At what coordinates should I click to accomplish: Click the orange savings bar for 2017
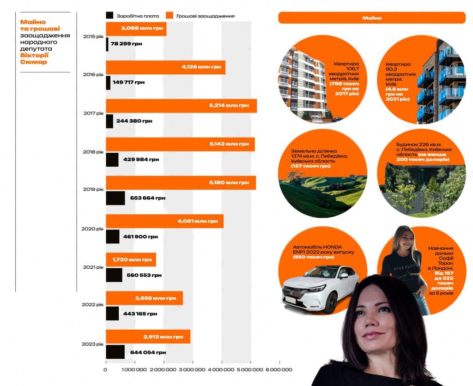pos(181,106)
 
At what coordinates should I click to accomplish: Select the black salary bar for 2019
pos(115,198)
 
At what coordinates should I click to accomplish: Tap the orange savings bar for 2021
pos(131,259)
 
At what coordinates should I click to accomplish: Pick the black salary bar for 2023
pos(115,352)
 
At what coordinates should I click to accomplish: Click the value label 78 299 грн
pos(127,44)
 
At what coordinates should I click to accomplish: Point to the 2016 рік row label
pos(93,74)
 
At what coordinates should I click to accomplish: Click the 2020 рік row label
pos(92,229)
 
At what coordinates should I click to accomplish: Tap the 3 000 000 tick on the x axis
pos(193,369)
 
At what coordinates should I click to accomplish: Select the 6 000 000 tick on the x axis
pos(279,369)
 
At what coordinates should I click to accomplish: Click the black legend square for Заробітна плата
pos(109,15)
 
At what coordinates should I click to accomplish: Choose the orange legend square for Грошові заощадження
pos(170,15)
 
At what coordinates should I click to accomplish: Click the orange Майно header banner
pos(372,18)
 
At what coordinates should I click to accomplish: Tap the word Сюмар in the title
pos(33,62)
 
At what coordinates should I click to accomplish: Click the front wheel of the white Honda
pos(331,303)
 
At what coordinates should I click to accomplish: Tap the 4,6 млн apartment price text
pos(397,89)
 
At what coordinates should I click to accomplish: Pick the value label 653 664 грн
pos(148,198)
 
